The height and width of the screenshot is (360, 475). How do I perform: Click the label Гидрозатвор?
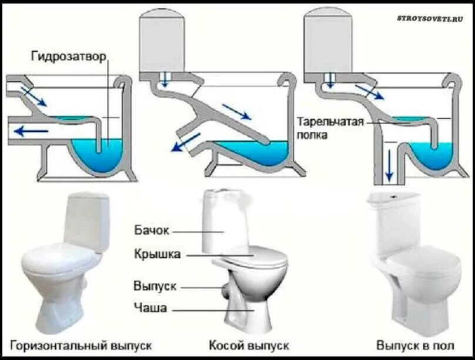tap(69, 56)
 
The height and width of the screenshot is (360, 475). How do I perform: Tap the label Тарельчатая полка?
tap(332, 128)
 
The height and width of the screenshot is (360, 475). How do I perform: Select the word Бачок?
tap(152, 231)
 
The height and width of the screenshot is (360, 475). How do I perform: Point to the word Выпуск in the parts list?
tap(155, 286)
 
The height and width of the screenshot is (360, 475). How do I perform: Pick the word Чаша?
tap(150, 308)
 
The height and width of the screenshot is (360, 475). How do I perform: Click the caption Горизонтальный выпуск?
tap(81, 345)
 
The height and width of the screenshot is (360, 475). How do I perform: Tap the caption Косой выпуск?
tap(249, 345)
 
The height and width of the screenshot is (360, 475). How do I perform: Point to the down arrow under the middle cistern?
tap(165, 81)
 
